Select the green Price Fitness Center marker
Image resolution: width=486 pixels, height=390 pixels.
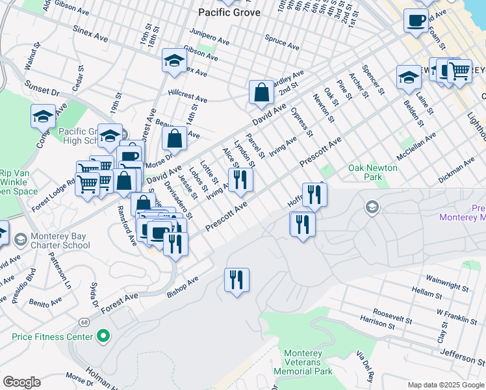point(102,337)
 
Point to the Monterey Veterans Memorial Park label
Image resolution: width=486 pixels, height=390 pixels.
point(308,362)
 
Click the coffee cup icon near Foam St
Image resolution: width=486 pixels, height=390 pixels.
point(415,20)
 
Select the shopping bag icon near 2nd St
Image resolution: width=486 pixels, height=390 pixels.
point(261,92)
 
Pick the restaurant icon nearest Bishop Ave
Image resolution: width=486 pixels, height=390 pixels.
point(174,243)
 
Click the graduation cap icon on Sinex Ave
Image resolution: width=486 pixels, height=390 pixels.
point(173,60)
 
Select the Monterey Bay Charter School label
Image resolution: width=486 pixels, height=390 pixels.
point(58,240)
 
